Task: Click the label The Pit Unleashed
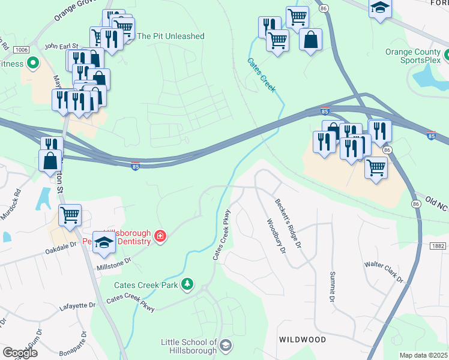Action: (171, 36)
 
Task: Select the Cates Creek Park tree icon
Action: (188, 283)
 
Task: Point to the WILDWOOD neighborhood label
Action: (303, 340)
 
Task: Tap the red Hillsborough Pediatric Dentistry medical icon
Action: (160, 236)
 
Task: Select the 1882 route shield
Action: (438, 246)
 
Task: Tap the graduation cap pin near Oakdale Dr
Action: (104, 242)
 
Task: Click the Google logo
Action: (20, 353)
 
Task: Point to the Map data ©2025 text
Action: (423, 355)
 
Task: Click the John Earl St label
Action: (61, 45)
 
